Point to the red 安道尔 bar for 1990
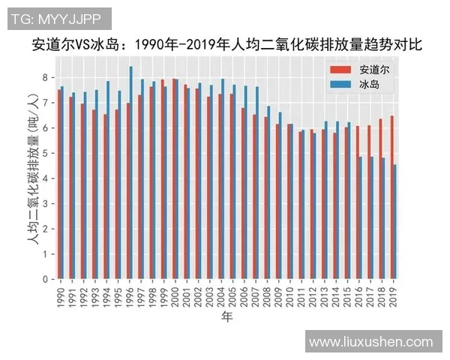click(x=58, y=184)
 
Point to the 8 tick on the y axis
click(x=46, y=77)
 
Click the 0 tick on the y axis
click(x=46, y=279)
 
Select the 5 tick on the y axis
click(x=46, y=153)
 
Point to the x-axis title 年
click(x=226, y=318)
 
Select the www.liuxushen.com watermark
click(x=371, y=341)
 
